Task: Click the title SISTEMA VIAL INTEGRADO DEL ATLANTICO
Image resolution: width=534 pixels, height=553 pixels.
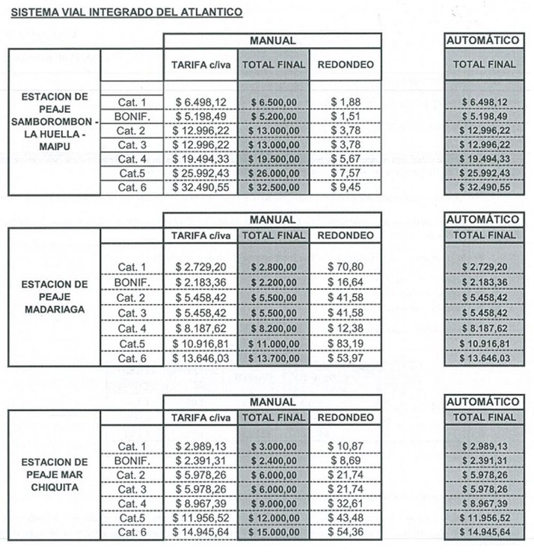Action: coord(126,13)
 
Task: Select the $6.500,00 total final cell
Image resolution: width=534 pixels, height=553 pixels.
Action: coord(274,102)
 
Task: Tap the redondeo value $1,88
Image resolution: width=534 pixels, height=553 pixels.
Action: coord(346,102)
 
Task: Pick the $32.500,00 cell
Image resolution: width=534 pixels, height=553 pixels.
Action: coord(274,188)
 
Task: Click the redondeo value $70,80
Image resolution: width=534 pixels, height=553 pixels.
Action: coord(346,267)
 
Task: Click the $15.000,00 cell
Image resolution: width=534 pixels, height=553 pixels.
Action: coord(274,532)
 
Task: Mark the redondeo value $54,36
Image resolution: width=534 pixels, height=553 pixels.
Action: coord(346,532)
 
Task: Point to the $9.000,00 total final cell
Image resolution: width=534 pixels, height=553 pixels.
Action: coord(274,504)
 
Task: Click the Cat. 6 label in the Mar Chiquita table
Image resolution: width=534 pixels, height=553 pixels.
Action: coord(132,532)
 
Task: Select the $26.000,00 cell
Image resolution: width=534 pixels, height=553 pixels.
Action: coord(274,173)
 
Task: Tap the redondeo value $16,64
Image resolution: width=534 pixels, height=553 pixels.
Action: coord(346,282)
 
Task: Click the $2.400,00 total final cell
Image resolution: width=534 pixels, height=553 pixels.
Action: coord(274,461)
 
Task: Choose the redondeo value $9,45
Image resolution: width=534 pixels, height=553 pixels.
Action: coord(346,188)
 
